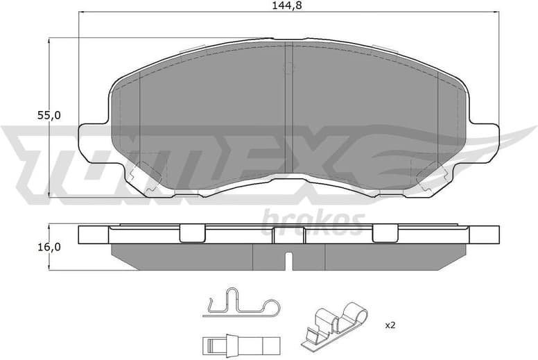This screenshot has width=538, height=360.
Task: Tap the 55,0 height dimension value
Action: click(x=49, y=116)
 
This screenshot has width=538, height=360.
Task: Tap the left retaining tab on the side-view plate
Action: click(x=193, y=234)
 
